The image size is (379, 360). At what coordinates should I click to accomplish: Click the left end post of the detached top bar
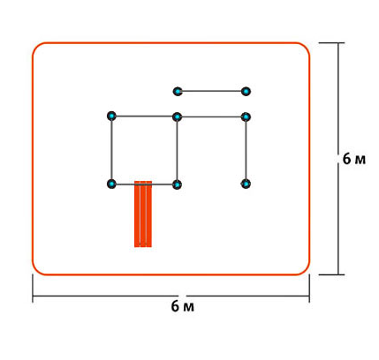coord(178,92)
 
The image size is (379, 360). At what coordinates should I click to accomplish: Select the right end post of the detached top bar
coord(246,92)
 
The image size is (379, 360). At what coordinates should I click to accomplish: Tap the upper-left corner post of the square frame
coord(111,116)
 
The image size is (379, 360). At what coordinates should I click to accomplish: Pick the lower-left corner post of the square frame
coord(111,184)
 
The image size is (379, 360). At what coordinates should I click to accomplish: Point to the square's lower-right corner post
coord(177,184)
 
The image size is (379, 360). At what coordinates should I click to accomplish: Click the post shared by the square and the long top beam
coord(177,117)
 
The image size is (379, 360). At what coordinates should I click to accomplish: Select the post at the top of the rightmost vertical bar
coord(246,117)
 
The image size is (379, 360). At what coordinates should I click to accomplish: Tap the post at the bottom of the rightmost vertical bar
coord(246,184)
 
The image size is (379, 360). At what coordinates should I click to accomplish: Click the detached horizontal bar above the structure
coord(211,91)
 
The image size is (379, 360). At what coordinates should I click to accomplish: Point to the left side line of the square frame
coord(111,150)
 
